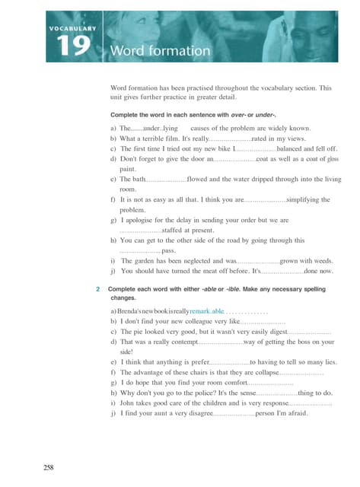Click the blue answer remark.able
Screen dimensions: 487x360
coord(208,312)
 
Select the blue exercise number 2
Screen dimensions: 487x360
coord(99,290)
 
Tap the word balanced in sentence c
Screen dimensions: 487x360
coord(293,149)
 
